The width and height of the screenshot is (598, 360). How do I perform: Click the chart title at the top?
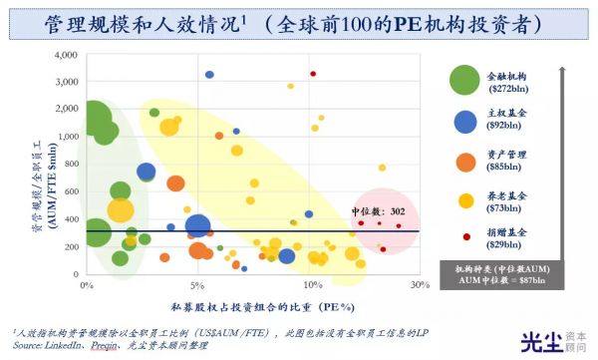click(299, 23)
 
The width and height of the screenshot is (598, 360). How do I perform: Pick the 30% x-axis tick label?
click(419, 285)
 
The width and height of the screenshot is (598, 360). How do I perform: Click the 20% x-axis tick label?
click(310, 285)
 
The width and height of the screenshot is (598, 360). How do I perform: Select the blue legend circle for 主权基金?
click(464, 121)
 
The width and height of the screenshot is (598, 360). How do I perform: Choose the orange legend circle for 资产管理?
click(464, 161)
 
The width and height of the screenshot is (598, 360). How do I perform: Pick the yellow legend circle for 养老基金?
click(464, 200)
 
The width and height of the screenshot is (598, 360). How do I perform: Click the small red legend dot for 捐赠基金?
click(465, 237)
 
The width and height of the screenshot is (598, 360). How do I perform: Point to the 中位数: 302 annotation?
click(379, 212)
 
